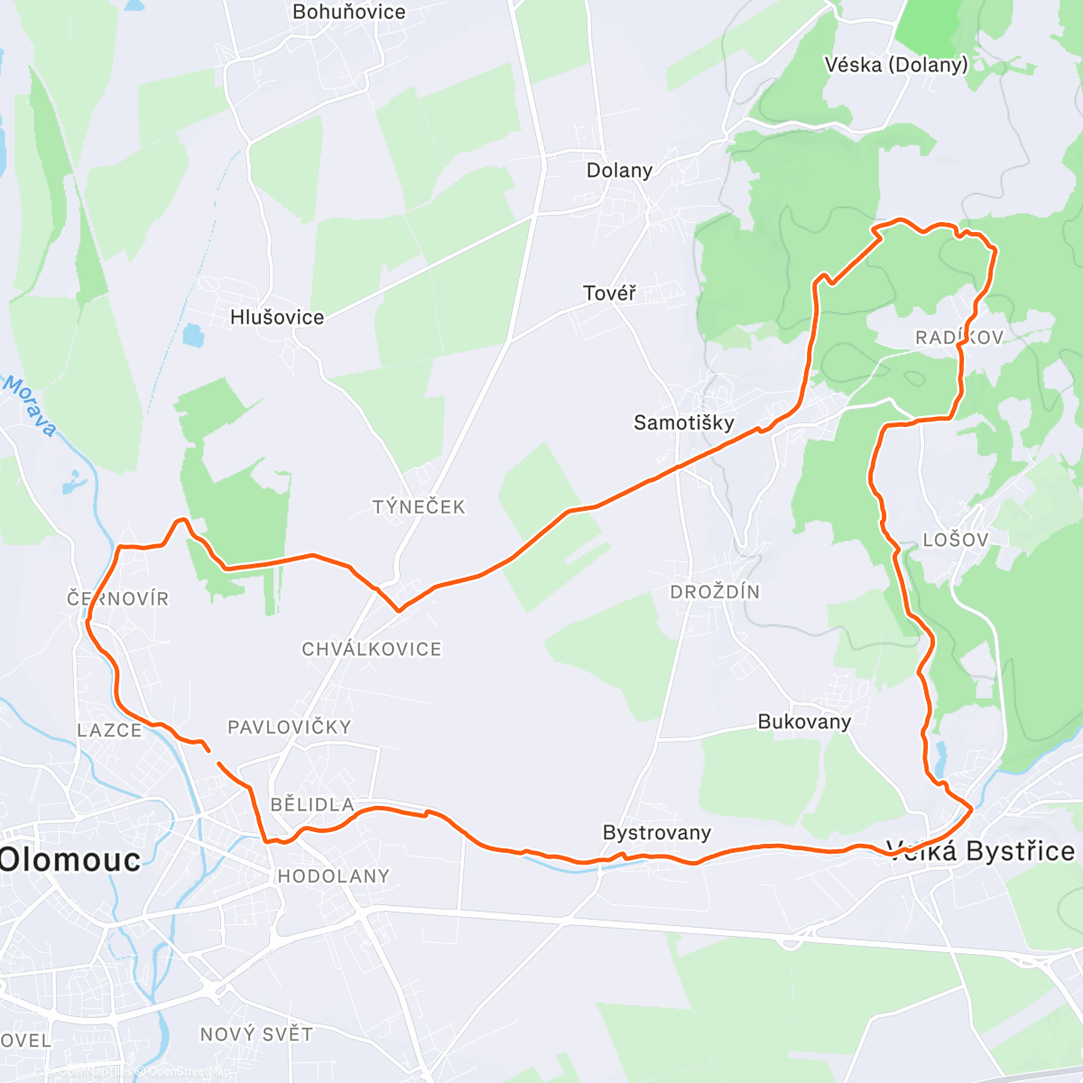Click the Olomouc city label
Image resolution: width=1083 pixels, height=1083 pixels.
pyautogui.click(x=70, y=859)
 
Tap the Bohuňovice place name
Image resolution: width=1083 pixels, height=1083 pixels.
pyautogui.click(x=349, y=13)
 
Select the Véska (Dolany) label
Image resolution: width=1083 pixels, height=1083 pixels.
pyautogui.click(x=895, y=64)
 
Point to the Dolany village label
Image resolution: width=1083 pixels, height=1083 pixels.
pyautogui.click(x=619, y=171)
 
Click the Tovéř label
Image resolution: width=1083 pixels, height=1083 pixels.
pyautogui.click(x=609, y=293)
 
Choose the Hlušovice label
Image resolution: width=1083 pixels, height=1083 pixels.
pyautogui.click(x=277, y=318)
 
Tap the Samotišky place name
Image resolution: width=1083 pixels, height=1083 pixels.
pyautogui.click(x=683, y=422)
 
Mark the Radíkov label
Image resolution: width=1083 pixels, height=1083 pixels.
pyautogui.click(x=959, y=338)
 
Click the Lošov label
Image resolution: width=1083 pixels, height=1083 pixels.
pyautogui.click(x=956, y=540)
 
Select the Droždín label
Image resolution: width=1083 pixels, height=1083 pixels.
pyautogui.click(x=715, y=592)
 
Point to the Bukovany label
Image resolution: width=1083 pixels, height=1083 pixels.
pyautogui.click(x=804, y=722)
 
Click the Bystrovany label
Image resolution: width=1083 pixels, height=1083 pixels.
pyautogui.click(x=657, y=833)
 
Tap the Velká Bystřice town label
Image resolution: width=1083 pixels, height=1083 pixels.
pyautogui.click(x=981, y=851)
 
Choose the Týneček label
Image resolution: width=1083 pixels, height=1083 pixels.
pyautogui.click(x=419, y=507)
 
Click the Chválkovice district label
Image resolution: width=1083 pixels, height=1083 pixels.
pyautogui.click(x=372, y=649)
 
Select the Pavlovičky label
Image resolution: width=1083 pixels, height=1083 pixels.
pyautogui.click(x=289, y=727)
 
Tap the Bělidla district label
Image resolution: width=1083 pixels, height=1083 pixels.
pyautogui.click(x=312, y=805)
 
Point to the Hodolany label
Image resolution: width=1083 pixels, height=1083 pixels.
pyautogui.click(x=334, y=876)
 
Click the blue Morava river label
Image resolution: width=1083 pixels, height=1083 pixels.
pyautogui.click(x=30, y=406)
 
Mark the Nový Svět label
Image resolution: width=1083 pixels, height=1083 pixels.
pyautogui.click(x=256, y=1034)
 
